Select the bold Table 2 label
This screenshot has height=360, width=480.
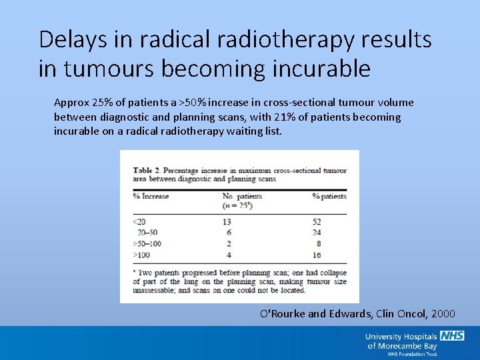pos(149,170)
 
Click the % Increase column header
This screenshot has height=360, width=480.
pos(151,196)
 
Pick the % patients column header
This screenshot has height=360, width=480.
pos(329,196)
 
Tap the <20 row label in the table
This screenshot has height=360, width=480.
pos(139,221)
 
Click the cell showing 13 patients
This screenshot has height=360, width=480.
pos(227,221)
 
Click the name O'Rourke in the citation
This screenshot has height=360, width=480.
pos(283,313)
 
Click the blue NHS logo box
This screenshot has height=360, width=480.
pos(452,336)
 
